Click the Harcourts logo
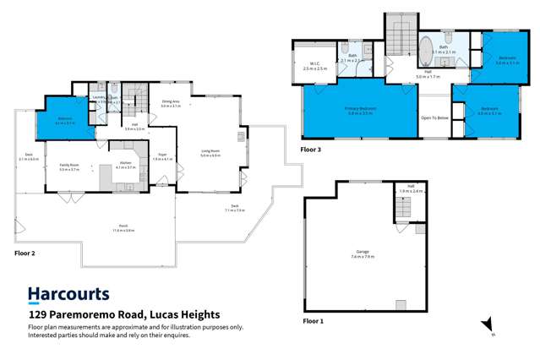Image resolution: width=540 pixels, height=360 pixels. click(x=68, y=295)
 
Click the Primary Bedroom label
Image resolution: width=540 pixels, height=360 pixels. click(x=360, y=111)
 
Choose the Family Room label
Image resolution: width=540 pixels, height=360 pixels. click(x=68, y=167)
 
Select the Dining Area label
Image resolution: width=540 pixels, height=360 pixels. click(x=172, y=104)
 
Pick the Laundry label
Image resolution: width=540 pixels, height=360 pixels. click(x=100, y=98)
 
